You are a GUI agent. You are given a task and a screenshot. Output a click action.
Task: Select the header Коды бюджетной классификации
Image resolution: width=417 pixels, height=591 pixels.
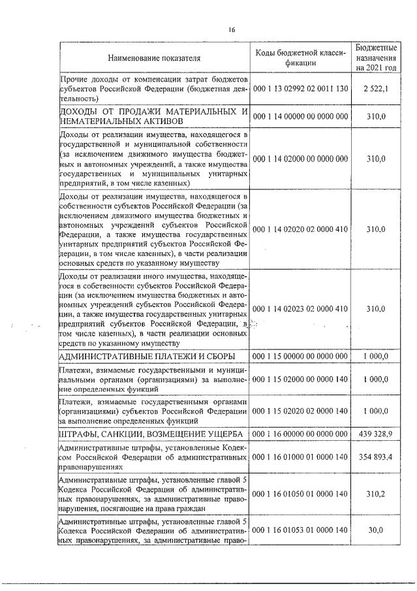(300, 57)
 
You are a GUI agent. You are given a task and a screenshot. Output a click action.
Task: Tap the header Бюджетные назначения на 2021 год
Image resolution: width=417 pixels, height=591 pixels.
(376, 57)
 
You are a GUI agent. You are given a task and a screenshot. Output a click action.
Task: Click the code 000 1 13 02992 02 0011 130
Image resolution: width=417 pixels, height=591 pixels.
(300, 88)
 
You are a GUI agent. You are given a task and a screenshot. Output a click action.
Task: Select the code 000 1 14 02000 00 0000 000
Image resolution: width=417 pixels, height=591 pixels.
(300, 158)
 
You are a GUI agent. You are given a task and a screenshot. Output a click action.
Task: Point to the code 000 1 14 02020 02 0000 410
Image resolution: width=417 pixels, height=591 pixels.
(300, 229)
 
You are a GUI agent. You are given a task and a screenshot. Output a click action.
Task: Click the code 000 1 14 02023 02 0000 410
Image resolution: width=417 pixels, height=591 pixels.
(300, 308)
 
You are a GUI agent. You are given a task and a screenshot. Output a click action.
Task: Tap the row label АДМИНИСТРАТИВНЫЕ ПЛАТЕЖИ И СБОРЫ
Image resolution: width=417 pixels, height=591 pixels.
(147, 356)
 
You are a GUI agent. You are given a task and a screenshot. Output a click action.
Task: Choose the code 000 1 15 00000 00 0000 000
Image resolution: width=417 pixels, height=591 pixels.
(300, 356)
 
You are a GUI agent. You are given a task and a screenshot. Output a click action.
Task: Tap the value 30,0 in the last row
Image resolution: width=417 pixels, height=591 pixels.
(376, 530)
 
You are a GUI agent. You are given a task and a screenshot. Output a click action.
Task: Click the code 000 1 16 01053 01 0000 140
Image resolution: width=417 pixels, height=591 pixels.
(300, 530)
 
